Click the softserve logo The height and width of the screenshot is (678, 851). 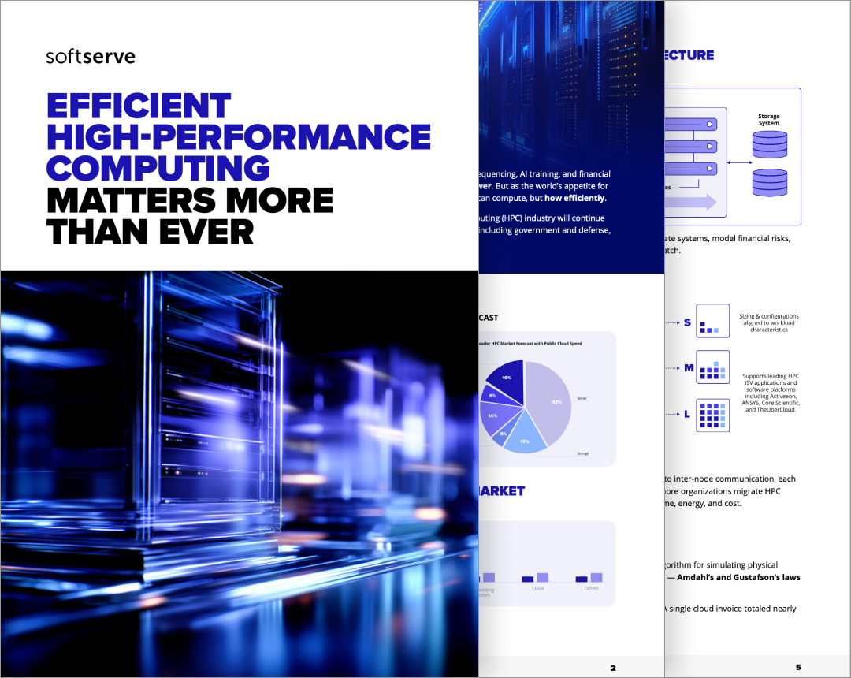91,57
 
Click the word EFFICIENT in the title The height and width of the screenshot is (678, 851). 139,106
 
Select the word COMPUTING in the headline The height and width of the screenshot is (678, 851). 158,168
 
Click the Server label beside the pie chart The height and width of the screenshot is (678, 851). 582,399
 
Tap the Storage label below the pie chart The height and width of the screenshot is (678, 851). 582,453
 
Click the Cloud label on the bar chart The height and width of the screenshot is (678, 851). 538,588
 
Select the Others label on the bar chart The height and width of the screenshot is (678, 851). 592,588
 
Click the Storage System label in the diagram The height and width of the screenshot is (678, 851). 769,120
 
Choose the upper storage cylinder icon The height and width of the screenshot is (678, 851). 770,144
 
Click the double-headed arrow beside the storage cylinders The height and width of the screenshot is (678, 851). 739,163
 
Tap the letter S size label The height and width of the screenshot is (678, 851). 687,322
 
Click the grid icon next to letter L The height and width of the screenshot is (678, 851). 712,415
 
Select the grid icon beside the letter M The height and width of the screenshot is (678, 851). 712,367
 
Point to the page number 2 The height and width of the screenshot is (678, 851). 613,668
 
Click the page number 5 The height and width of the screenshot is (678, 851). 798,668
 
